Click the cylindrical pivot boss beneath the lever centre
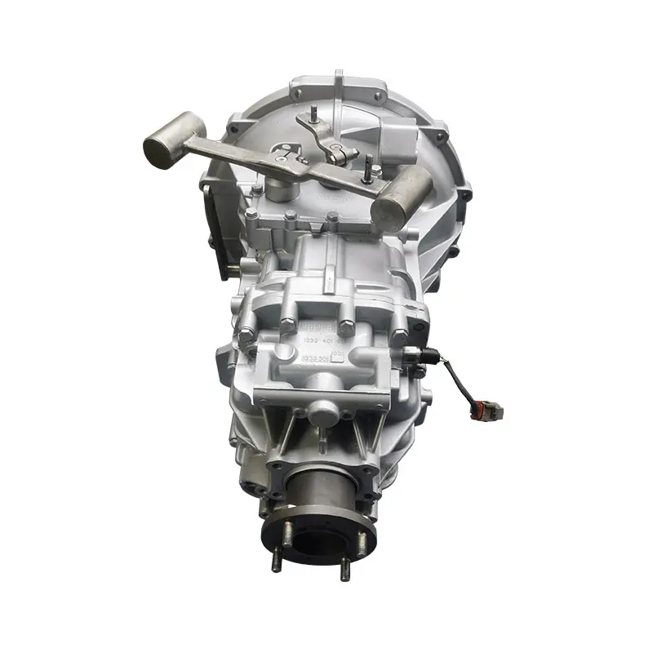click(x=282, y=189)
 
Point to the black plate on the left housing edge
click(x=219, y=233)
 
